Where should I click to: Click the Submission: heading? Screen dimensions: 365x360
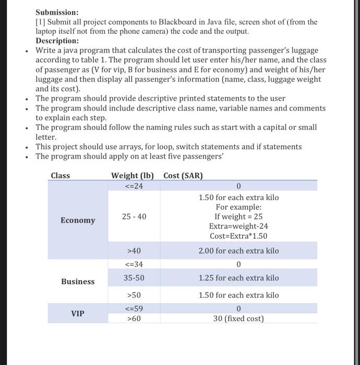pyautogui.click(x=57, y=12)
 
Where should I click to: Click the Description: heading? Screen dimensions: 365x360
pyautogui.click(x=57, y=41)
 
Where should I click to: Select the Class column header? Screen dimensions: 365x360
pyautogui.click(x=61, y=176)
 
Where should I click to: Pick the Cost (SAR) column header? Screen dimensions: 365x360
pyautogui.click(x=183, y=176)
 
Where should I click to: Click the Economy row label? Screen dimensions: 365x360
pyautogui.click(x=78, y=220)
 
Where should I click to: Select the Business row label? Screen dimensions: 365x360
pyautogui.click(x=78, y=282)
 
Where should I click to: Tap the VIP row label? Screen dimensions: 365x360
pyautogui.click(x=78, y=313)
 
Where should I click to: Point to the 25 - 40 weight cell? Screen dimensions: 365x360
pyautogui.click(x=134, y=216)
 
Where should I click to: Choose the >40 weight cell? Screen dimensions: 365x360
pyautogui.click(x=134, y=251)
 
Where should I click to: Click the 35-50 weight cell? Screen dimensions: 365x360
pyautogui.click(x=134, y=278)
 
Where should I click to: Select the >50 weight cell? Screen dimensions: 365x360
pyautogui.click(x=134, y=295)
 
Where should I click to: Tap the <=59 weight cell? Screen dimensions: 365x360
pyautogui.click(x=134, y=308)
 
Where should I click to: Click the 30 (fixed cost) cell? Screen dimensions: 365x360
pyautogui.click(x=238, y=318)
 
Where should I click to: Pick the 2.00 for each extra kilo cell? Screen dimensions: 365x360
pyautogui.click(x=238, y=251)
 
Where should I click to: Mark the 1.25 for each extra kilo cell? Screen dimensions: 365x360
pyautogui.click(x=238, y=278)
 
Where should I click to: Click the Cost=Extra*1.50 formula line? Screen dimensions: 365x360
pyautogui.click(x=238, y=236)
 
